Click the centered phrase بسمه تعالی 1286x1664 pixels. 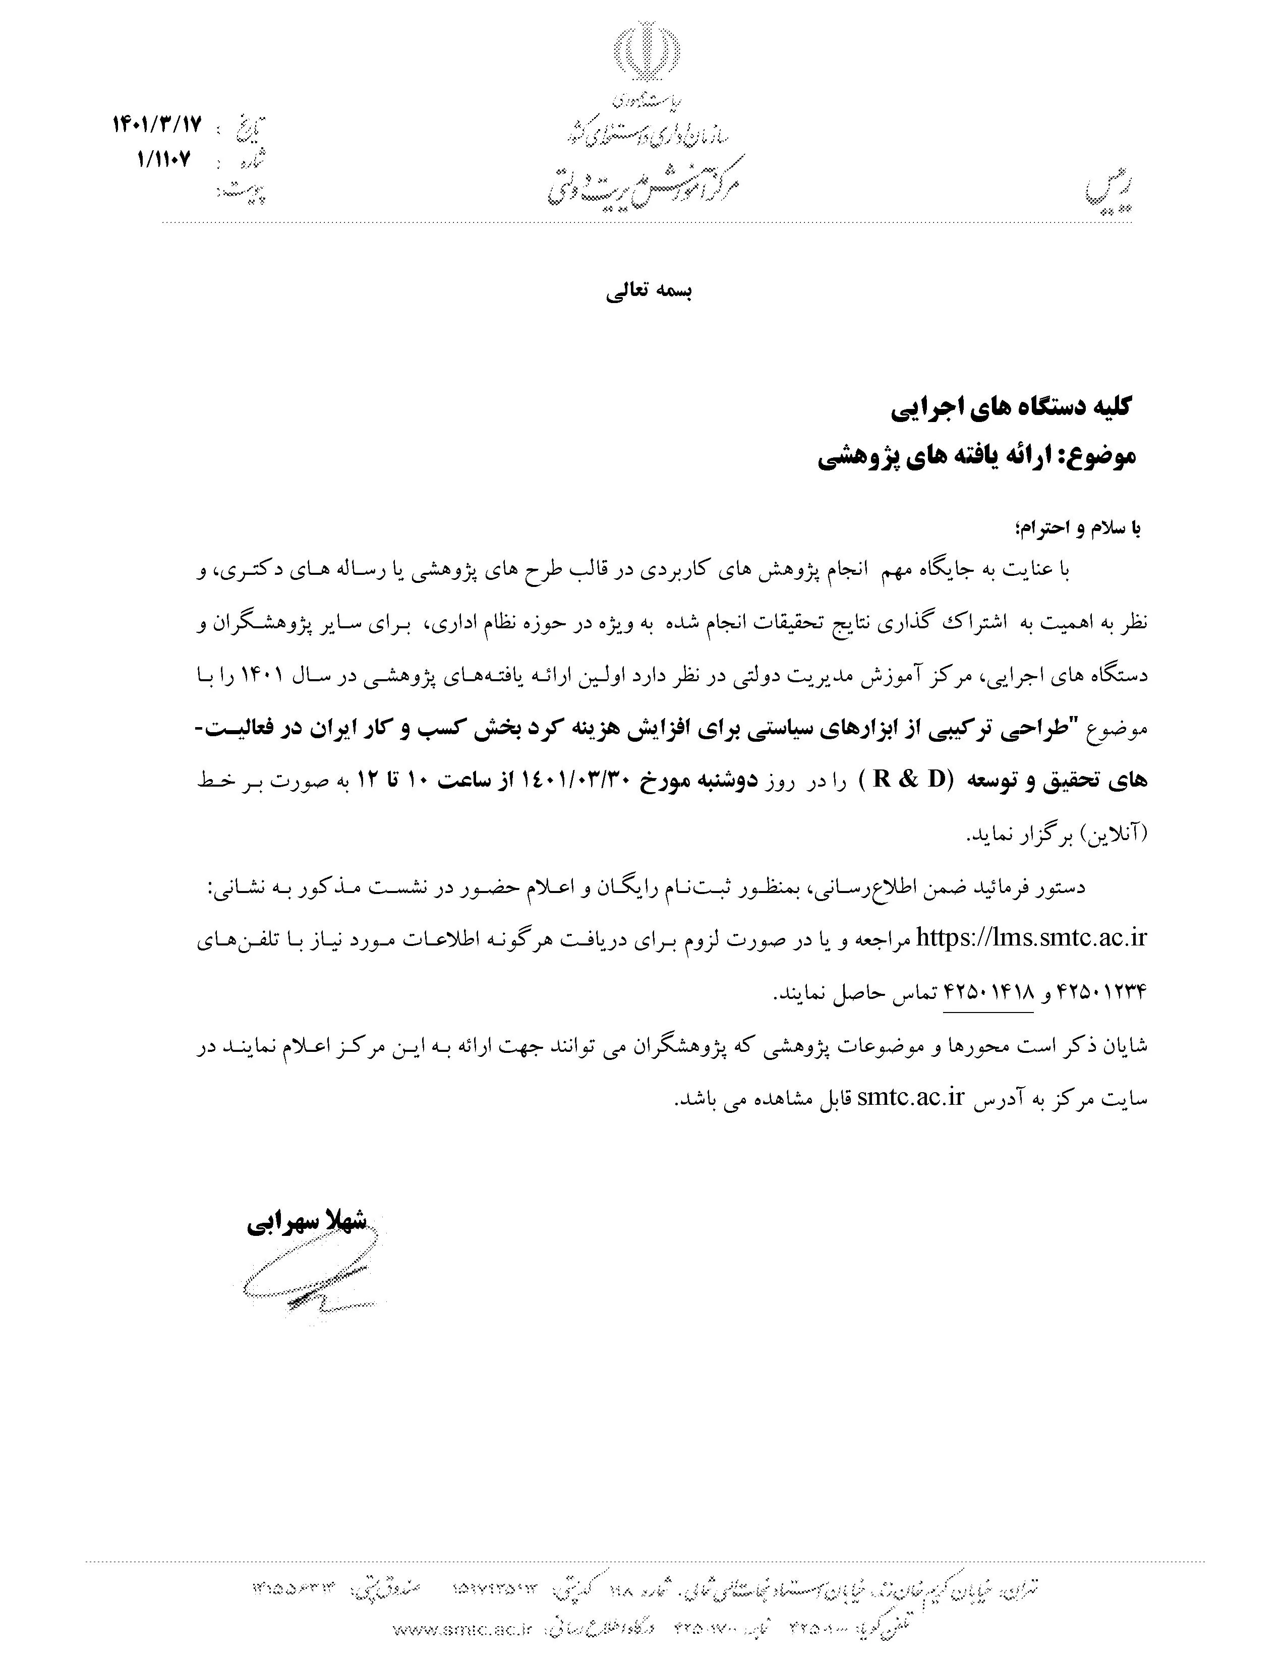click(649, 292)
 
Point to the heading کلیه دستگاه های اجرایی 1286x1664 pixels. click(1012, 407)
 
